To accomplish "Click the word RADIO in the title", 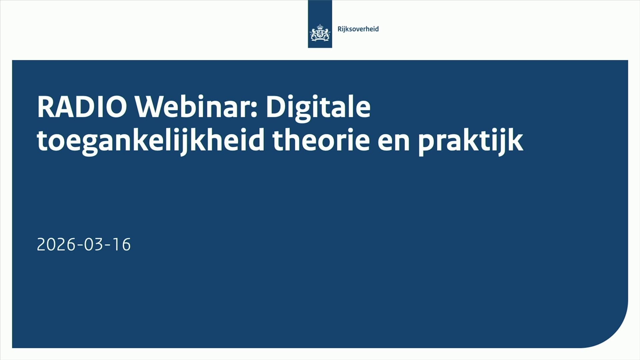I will click(x=82, y=107).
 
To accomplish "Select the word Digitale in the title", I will click(x=318, y=107).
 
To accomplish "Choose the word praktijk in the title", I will click(x=470, y=141).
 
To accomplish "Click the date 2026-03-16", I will click(x=84, y=245).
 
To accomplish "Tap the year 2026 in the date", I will click(x=56, y=245).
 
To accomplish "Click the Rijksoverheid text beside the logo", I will click(x=358, y=29).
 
